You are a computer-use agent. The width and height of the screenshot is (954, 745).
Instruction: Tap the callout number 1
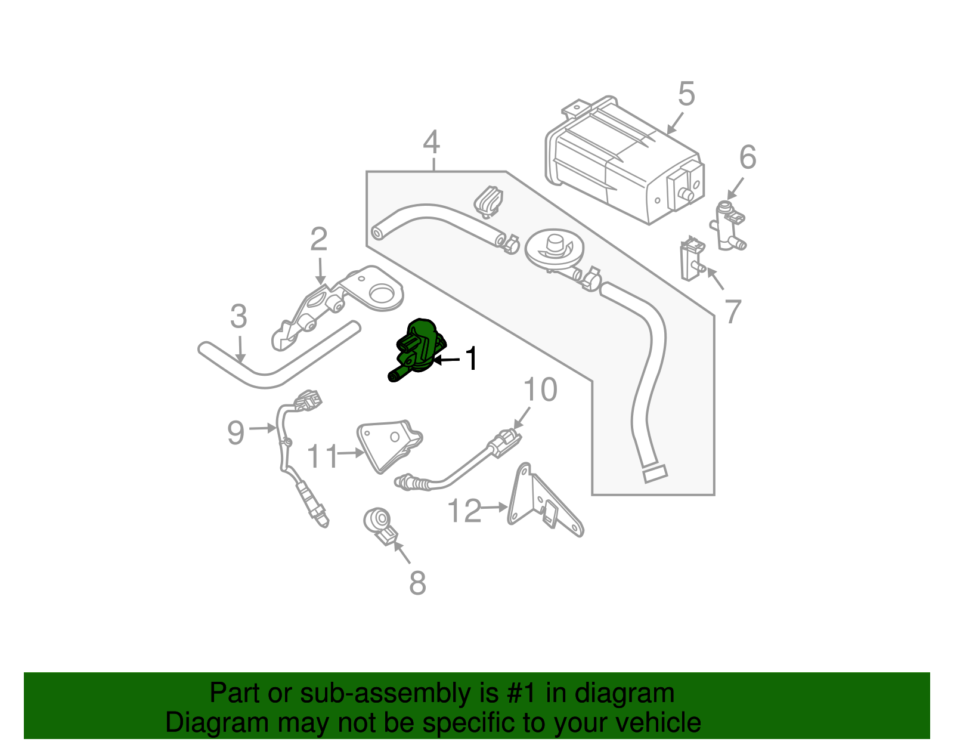click(471, 359)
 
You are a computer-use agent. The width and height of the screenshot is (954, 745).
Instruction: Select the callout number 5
click(686, 94)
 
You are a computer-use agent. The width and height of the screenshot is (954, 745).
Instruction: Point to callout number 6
click(747, 157)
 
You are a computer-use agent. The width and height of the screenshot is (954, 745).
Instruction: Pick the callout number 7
click(732, 311)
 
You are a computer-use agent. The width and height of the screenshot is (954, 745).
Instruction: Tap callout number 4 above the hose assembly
click(431, 143)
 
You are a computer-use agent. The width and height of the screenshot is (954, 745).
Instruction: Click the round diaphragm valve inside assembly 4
click(555, 249)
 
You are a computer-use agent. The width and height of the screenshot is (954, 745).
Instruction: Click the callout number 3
click(238, 317)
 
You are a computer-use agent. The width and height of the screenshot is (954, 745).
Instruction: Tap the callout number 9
click(236, 432)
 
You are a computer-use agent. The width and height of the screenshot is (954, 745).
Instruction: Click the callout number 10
click(540, 389)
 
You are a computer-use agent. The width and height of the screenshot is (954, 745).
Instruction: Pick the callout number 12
click(463, 511)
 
